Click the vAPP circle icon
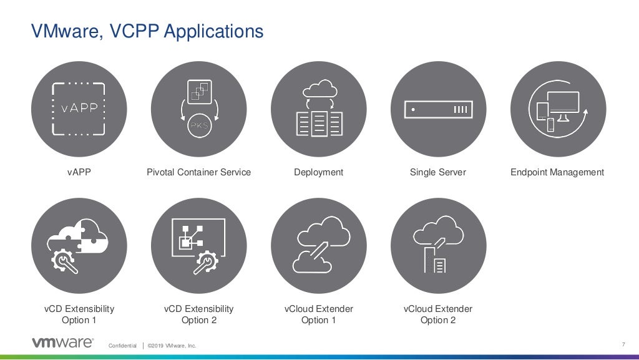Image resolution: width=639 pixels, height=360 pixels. coord(79,109)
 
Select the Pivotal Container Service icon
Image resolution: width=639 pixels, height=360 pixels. coord(198,109)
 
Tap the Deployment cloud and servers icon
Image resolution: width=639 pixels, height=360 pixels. coord(318,109)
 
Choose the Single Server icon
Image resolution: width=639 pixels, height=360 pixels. coord(438,109)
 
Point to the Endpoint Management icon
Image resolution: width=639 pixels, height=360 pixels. coord(558,109)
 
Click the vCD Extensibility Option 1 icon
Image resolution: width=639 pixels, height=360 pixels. coord(79,246)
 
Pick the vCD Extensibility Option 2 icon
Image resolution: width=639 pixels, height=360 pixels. coord(198,246)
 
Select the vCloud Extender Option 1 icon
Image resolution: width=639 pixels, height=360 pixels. coord(318,246)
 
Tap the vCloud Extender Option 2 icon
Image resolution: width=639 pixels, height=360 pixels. coord(438,246)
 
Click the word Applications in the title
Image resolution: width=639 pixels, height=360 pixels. coord(214,31)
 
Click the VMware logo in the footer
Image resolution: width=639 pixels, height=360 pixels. coord(62,343)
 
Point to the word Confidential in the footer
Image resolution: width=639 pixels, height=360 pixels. coord(122,346)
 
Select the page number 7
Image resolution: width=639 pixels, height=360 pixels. coord(623,345)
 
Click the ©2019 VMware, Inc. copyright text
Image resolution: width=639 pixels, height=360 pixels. coord(172,346)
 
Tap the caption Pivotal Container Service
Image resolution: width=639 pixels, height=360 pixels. coord(198,172)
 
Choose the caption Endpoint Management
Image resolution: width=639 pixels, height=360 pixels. coord(557,172)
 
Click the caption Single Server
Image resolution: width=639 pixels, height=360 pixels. coord(438,172)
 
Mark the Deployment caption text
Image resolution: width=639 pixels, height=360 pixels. coord(318,172)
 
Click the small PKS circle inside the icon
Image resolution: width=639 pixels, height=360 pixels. coord(199,125)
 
